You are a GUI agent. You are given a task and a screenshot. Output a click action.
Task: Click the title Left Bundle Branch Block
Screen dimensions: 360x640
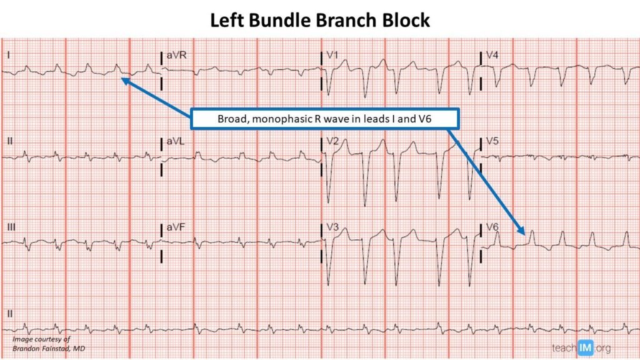coord(319,20)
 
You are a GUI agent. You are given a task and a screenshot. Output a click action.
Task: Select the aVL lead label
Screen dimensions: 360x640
coord(176,142)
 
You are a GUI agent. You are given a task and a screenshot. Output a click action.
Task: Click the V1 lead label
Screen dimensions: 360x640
coord(332,56)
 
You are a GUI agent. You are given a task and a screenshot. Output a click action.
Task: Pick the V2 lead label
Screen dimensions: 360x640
coord(332,142)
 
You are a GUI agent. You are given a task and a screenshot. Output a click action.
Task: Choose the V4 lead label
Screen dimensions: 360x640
coord(492,56)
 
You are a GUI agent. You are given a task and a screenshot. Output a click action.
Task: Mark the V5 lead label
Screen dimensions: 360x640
coord(492,142)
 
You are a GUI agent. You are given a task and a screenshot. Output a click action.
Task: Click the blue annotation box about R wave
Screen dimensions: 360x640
coord(324,118)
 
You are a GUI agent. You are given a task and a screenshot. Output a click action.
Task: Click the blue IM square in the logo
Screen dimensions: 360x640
coord(586,347)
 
